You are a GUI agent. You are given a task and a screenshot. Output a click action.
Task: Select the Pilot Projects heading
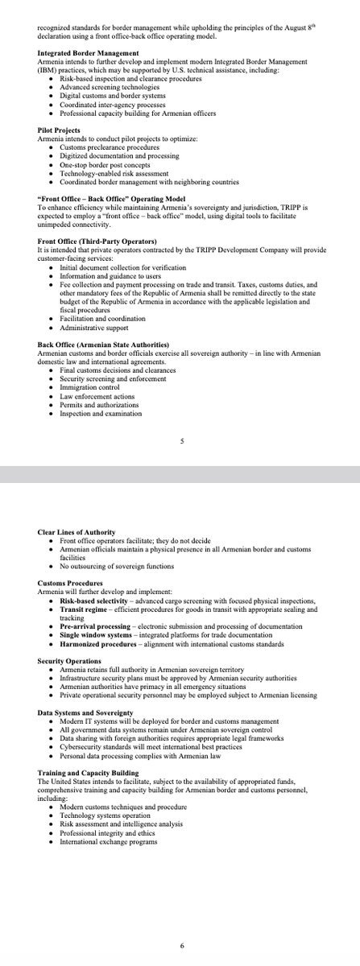coord(57,130)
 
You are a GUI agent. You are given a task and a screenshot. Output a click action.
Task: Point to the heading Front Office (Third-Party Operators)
coord(97,242)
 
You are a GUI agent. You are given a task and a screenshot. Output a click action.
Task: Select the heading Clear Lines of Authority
coord(77,532)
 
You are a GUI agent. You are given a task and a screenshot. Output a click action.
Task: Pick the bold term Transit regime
coord(83,609)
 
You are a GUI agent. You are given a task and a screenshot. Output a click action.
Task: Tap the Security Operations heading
coord(68,661)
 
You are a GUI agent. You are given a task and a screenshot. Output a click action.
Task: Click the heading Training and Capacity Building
coord(88,773)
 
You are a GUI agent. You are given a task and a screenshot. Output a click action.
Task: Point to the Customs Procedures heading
coord(70,583)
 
